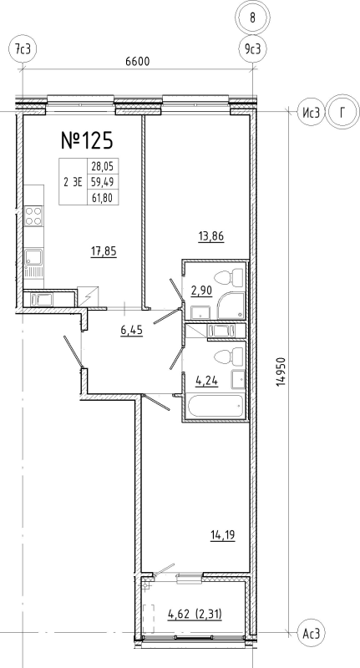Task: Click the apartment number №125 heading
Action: coord(88,140)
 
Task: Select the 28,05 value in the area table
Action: coord(103,165)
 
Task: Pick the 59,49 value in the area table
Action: coord(103,182)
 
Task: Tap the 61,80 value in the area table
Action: coord(103,198)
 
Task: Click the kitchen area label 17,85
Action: coord(104,252)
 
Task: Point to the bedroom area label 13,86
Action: coord(211,235)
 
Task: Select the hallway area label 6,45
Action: coord(131,329)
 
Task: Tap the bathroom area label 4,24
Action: coord(206,379)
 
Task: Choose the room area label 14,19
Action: coord(223,534)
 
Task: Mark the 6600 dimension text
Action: coord(138,62)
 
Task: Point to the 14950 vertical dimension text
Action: coord(281,372)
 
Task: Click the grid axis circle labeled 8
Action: coord(253,18)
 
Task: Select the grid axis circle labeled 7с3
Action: coord(23,49)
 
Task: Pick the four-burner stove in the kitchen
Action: coord(33,216)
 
